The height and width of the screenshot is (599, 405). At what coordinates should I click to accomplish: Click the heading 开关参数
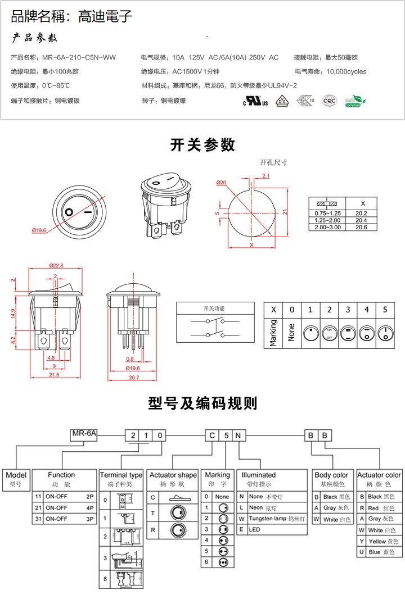202,145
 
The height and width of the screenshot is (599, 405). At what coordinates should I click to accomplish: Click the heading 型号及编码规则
202,403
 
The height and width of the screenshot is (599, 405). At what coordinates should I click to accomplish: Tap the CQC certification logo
328,101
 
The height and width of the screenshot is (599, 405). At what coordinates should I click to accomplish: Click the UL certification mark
255,101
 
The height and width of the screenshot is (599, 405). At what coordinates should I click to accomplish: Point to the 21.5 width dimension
55,375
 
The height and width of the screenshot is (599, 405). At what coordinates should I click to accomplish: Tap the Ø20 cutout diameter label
221,183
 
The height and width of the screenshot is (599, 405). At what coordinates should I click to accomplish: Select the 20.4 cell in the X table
361,220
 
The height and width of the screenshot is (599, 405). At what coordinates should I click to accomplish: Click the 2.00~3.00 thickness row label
327,227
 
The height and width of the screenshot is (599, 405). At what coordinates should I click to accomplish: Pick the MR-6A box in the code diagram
84,434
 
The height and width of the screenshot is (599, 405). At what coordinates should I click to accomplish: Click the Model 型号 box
16,479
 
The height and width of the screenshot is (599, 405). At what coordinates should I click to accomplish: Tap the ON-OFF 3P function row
64,519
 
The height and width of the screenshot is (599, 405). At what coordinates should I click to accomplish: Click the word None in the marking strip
291,332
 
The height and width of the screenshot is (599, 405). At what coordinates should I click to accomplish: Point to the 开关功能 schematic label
213,308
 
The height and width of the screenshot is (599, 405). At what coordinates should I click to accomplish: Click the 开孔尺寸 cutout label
273,162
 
